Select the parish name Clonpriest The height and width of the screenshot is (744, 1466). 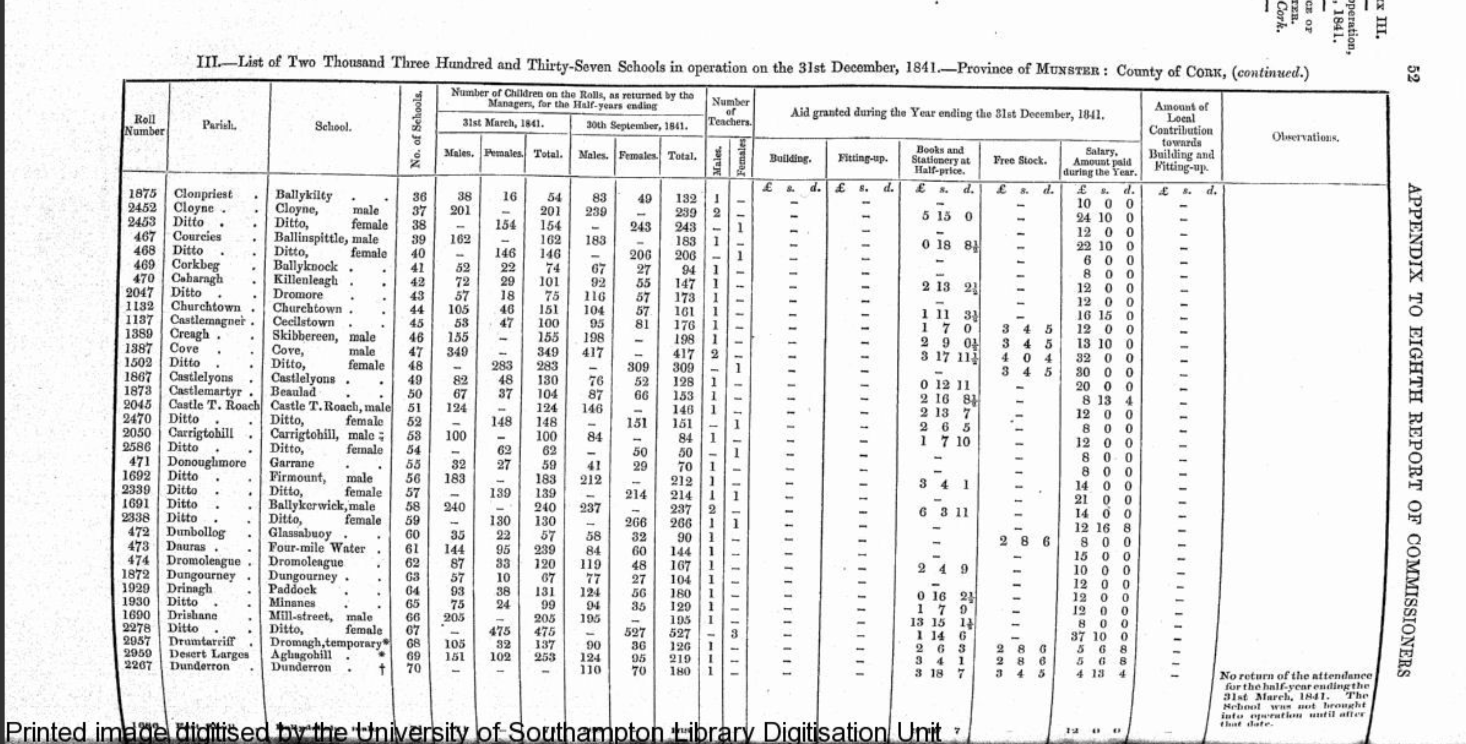pos(203,194)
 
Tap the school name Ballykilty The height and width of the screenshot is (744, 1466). pos(303,195)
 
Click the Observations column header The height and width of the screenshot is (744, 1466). pos(1306,137)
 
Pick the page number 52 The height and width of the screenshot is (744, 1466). pos(1414,74)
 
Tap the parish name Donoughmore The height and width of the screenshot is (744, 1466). pos(206,462)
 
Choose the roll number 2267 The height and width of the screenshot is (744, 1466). pos(137,666)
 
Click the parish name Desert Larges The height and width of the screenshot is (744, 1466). pos(209,654)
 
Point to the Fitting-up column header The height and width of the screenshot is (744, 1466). pos(862,158)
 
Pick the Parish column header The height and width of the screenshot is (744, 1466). pos(218,125)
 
